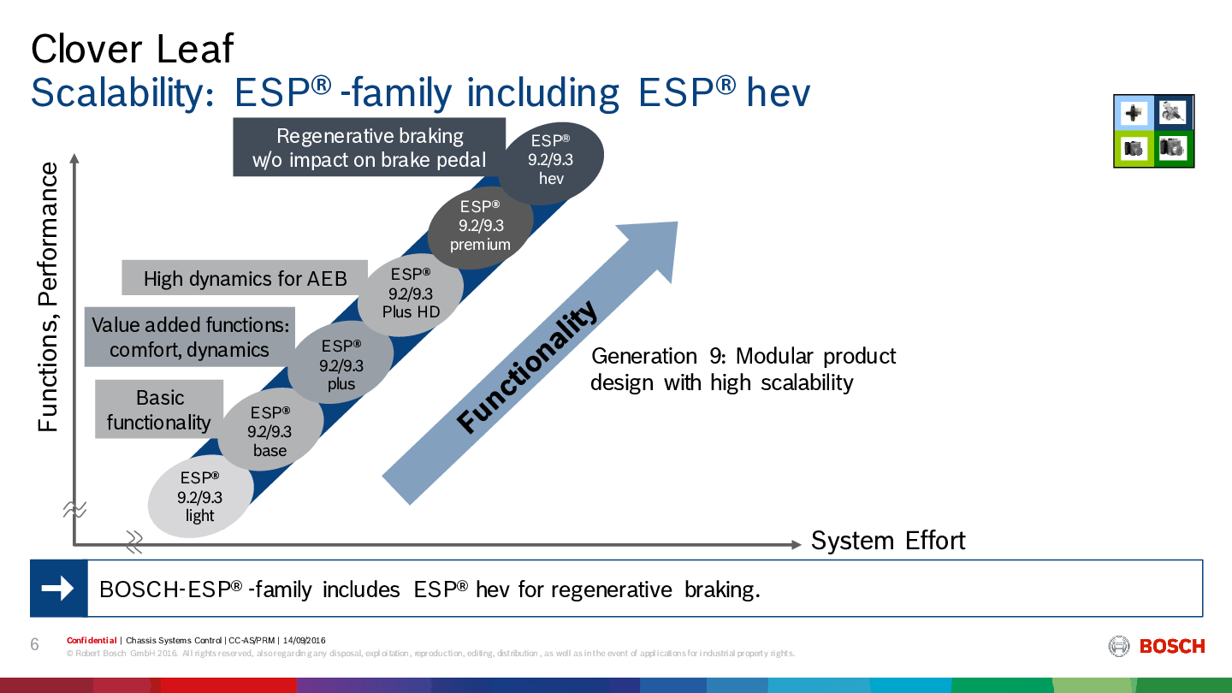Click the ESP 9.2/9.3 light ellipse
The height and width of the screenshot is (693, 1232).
(200, 496)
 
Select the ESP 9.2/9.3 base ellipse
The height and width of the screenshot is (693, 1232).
(270, 430)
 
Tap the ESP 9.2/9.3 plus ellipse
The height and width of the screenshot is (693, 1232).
(341, 363)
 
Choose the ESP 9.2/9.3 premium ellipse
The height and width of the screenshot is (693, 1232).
(480, 227)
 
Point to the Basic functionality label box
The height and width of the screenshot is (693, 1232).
(159, 409)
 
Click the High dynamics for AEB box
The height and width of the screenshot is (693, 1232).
(245, 278)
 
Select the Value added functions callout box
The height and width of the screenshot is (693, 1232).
(190, 336)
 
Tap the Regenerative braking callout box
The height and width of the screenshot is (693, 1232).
(369, 147)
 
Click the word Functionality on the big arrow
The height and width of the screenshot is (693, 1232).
(527, 367)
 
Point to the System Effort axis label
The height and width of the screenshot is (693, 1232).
(888, 541)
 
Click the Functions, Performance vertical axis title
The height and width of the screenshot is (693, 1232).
(48, 297)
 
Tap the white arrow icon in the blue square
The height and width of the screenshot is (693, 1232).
(58, 589)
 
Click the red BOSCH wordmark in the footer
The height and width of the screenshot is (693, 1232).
(1172, 646)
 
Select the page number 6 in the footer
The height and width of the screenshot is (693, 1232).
(34, 644)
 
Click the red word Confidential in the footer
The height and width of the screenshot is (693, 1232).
(92, 640)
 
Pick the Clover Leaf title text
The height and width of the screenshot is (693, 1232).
(133, 49)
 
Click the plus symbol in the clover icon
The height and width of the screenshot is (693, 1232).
(1133, 113)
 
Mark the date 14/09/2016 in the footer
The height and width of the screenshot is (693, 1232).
(305, 640)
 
